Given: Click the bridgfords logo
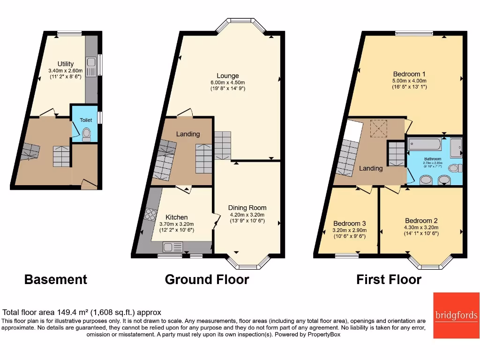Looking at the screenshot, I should pos(456,315).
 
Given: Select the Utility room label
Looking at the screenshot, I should pos(66,64).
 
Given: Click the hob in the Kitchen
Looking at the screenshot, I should pos(150,214).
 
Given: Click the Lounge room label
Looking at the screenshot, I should pos(228,75).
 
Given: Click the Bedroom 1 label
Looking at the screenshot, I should pos(409,74).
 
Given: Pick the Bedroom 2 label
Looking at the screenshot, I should pos(421,221).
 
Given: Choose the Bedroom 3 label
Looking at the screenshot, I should pos(349,224).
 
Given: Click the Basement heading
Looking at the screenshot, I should pos(55,280).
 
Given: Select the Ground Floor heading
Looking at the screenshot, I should pos(207,280).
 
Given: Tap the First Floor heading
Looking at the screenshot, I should pos(389,280).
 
